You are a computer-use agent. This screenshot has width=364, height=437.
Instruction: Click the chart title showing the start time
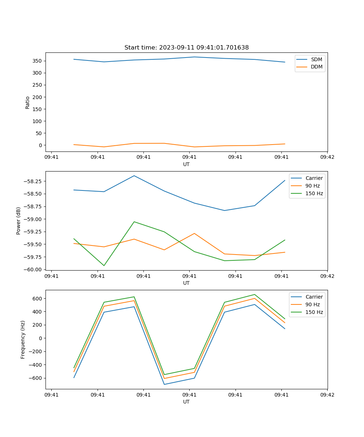pos(186,48)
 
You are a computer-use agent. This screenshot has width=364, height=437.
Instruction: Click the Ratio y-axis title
pos(28,102)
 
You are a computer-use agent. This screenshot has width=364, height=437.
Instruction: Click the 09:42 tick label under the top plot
pos(327,157)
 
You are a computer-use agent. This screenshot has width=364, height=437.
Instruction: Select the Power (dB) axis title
pos(19,221)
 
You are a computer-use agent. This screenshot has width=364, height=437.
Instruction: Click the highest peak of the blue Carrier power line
pos(134,176)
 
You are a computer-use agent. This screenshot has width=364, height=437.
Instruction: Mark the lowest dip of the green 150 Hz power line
pos(104,265)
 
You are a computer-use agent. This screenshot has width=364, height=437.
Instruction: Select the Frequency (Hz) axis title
pos(23,339)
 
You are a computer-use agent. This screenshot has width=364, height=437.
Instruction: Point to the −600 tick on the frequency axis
pos(36,378)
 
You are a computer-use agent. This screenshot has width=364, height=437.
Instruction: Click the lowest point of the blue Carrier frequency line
pos(164,384)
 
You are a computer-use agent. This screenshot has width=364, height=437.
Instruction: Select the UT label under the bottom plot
pos(186,402)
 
